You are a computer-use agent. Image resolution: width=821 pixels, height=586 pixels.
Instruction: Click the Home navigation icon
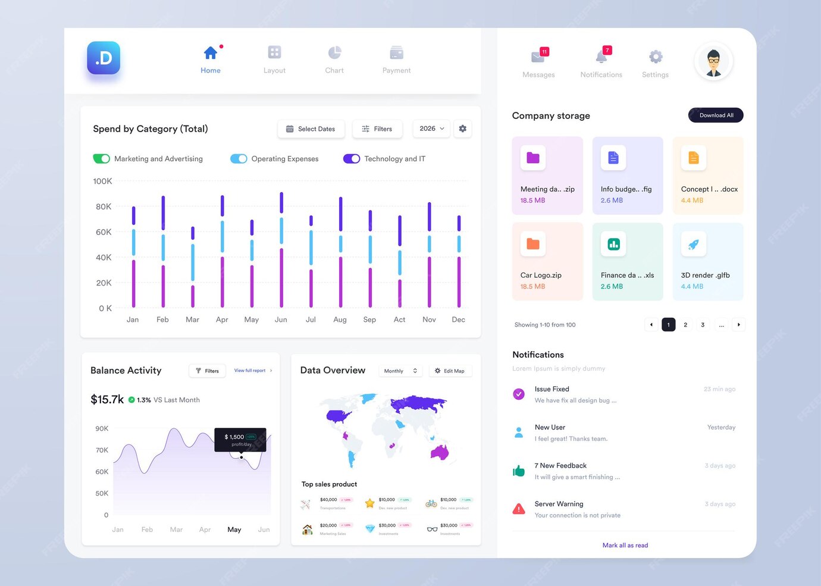coord(210,53)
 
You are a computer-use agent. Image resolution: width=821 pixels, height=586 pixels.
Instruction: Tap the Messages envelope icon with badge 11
coord(538,57)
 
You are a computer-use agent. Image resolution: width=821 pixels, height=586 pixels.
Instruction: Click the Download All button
coord(716,115)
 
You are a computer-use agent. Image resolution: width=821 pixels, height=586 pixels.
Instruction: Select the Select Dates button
coord(311,129)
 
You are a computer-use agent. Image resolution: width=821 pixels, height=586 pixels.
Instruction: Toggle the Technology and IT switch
coord(352,159)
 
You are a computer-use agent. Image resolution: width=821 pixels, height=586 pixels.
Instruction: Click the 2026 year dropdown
coord(431,129)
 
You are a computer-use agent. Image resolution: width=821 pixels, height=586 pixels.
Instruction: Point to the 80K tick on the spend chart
coord(104,207)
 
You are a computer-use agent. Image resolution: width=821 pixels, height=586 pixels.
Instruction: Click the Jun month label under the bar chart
coord(281,320)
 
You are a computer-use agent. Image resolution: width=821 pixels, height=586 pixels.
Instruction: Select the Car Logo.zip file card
coord(547,262)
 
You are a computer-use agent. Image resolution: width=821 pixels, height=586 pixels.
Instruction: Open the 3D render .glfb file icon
coord(693,244)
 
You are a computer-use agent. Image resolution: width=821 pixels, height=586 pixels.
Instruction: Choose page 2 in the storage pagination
coord(685,325)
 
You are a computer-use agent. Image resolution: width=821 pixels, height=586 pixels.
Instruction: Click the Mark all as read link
coord(625,546)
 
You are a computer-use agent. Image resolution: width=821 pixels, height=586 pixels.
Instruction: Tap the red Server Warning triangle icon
coord(519,509)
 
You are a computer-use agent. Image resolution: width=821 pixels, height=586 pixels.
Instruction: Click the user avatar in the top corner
coord(713,61)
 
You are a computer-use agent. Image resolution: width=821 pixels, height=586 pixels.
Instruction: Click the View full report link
coord(250,371)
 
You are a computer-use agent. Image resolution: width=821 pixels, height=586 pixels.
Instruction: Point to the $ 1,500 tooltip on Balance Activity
coord(240,440)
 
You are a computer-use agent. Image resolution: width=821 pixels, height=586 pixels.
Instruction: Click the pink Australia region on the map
coord(440,453)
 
